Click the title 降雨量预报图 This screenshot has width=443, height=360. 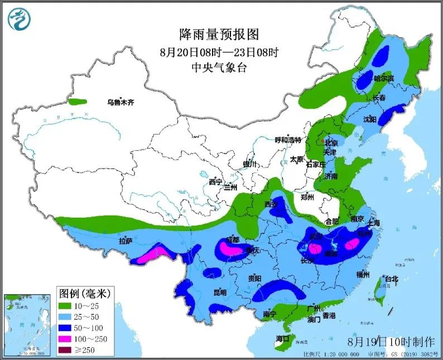219,35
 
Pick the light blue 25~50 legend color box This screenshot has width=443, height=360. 69,316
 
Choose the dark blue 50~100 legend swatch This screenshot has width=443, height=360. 69,328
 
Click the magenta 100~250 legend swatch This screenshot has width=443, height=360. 69,339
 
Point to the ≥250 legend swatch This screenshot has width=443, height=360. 69,350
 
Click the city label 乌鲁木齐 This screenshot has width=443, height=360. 121,103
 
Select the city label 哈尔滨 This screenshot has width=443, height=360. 383,79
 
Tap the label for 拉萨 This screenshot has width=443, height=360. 126,241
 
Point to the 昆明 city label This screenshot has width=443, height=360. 219,292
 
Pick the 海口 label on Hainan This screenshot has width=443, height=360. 283,339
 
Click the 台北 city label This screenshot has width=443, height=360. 391,279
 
